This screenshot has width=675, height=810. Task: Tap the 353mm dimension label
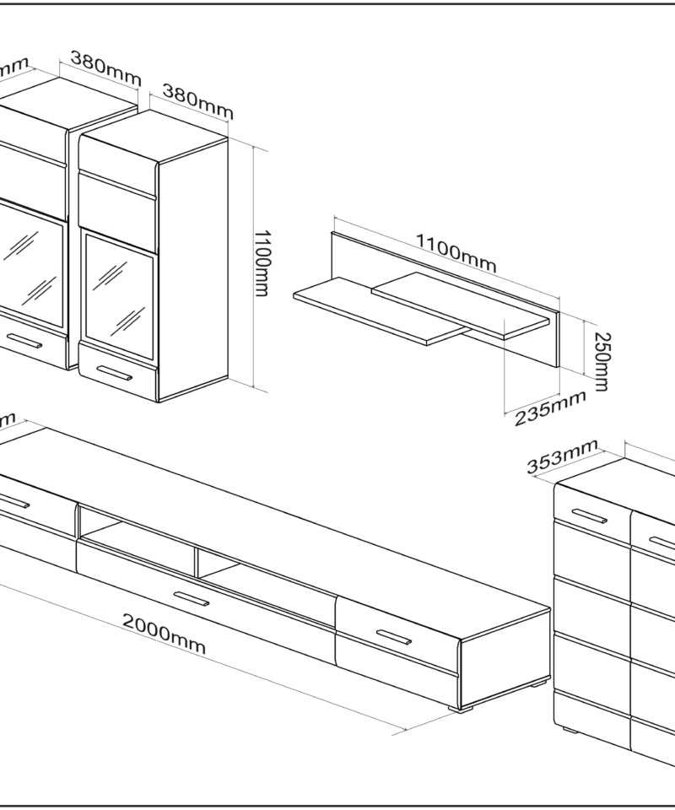(x=562, y=458)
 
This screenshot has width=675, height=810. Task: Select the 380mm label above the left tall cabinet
(x=105, y=69)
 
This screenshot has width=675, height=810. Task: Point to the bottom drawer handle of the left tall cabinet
(x=25, y=341)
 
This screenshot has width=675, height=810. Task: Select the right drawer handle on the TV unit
(x=393, y=638)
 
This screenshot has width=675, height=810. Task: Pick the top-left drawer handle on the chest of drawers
(x=587, y=516)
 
